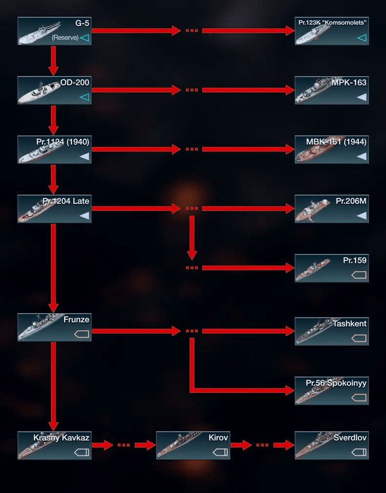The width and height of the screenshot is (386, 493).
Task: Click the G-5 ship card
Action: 54,31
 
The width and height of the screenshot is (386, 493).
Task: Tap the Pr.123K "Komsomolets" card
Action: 332,31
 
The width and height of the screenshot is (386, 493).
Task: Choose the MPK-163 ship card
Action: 332,90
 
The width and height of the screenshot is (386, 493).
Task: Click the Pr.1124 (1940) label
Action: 63,142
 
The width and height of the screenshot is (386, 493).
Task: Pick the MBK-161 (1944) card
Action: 332,150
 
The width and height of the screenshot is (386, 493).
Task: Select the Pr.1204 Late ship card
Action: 54,209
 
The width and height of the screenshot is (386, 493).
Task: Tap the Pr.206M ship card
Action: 332,209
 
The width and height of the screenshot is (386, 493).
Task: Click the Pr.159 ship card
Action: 332,268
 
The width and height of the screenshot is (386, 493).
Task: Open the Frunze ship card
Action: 54,327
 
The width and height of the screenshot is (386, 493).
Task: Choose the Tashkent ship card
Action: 332,331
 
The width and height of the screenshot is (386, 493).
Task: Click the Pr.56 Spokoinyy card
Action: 332,390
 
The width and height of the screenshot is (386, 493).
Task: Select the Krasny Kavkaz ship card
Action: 54,445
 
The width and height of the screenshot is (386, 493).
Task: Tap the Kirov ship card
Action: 193,445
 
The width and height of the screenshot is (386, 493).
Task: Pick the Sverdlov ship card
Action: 332,445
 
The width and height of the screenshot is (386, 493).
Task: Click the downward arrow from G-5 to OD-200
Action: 54,60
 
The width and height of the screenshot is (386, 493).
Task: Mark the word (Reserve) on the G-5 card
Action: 65,38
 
